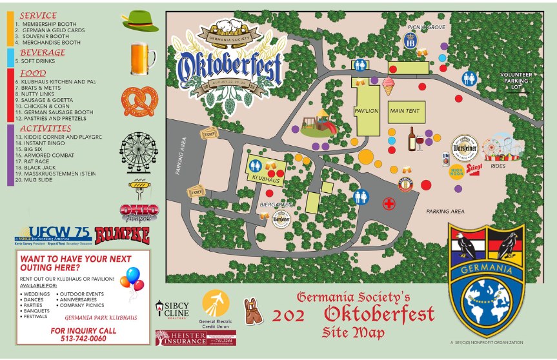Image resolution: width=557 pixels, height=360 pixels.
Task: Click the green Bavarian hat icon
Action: click(x=140, y=21)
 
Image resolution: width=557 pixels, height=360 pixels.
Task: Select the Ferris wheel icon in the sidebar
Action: click(x=138, y=154)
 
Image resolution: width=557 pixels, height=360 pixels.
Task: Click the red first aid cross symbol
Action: click(x=389, y=204)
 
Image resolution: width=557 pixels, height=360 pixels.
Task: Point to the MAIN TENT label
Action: click(x=405, y=111)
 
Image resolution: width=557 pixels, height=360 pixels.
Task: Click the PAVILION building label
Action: click(x=366, y=111)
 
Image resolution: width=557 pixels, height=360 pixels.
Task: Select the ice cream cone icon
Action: click(x=388, y=85)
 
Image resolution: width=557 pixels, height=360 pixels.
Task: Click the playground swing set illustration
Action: click(x=318, y=122)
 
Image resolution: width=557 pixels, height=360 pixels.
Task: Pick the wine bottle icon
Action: click(x=412, y=139)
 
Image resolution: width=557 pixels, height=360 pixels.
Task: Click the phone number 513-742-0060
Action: click(x=83, y=338)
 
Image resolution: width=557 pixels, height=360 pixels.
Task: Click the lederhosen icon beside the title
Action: click(x=253, y=311)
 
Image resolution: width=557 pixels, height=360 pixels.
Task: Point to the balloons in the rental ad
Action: click(x=134, y=281)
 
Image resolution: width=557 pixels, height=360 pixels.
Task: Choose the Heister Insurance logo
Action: click(x=196, y=337)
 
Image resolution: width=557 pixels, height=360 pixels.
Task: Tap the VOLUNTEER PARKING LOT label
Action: click(x=516, y=81)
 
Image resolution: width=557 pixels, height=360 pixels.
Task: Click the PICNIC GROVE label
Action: click(x=427, y=27)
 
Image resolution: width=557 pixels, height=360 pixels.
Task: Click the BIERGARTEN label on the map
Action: click(x=272, y=203)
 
